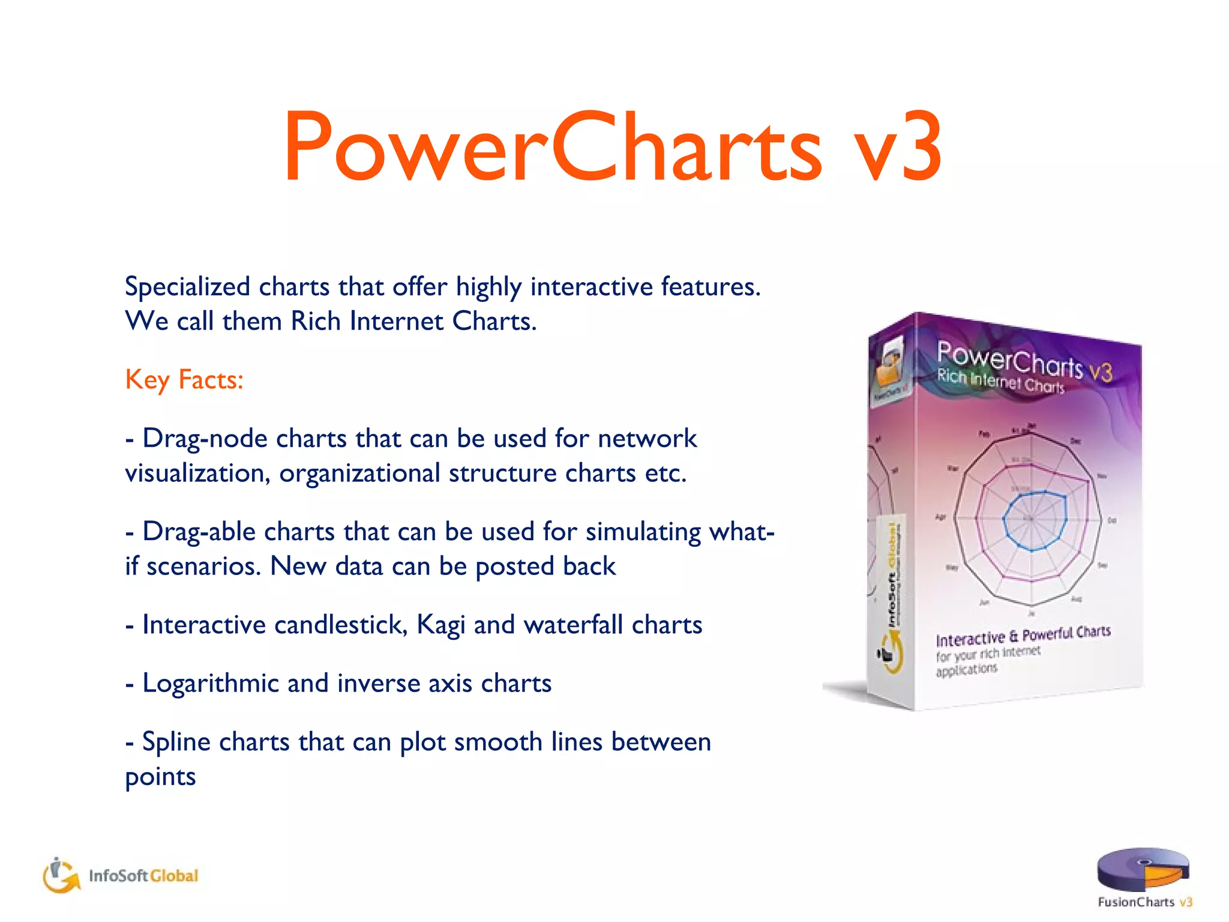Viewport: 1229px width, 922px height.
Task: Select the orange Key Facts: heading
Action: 184,380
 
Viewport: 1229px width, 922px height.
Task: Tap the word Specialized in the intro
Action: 187,287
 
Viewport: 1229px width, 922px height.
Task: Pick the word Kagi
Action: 440,625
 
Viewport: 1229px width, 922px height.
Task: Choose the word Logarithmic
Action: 210,684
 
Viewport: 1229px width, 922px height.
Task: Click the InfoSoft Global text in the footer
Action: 143,876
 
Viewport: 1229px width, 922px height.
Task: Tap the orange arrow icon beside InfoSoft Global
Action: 61,876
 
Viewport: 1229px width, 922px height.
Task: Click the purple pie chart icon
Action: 1142,869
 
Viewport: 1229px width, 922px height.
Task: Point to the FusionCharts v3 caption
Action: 1144,902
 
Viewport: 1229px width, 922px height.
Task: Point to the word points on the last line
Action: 160,777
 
